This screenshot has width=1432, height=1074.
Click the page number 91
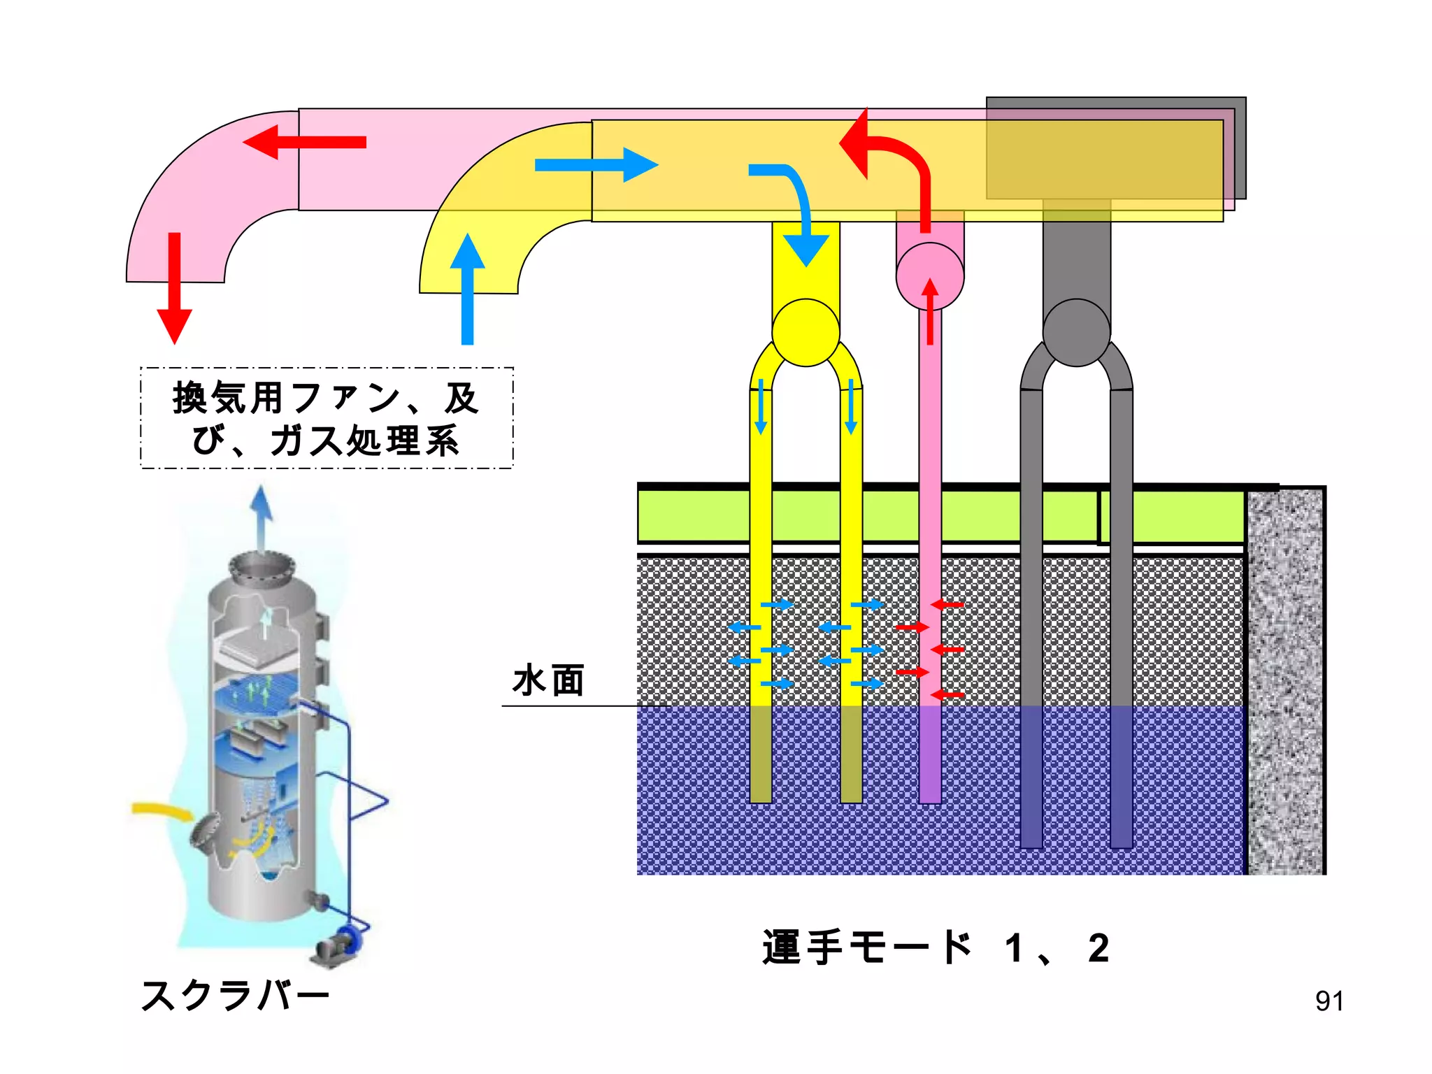(1329, 1001)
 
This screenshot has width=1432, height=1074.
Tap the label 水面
(548, 681)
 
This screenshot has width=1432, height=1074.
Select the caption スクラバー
(235, 996)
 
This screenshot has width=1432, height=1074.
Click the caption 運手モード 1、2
(936, 948)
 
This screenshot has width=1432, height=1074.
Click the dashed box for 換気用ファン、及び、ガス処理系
(327, 417)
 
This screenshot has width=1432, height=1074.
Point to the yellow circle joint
(805, 333)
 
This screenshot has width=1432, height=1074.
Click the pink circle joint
(930, 276)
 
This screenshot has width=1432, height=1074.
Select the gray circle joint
(1076, 333)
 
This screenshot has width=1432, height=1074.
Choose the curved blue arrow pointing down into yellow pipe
(797, 210)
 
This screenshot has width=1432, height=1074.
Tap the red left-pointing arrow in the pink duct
(305, 143)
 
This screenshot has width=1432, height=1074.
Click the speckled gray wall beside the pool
(1285, 682)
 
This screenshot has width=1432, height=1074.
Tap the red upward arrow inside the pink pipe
(930, 311)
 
